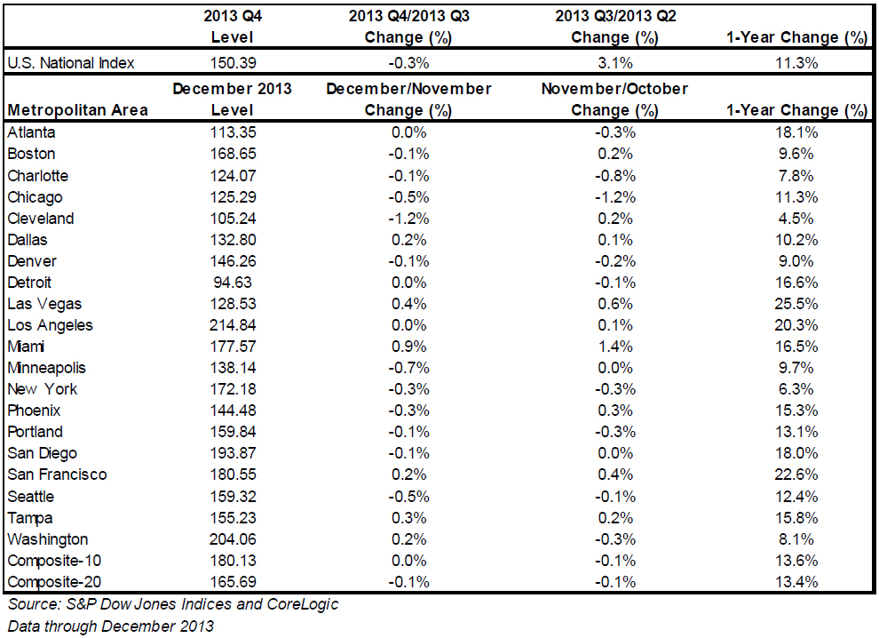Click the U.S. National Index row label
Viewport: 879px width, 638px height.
(x=71, y=63)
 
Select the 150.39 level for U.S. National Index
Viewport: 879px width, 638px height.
(x=234, y=63)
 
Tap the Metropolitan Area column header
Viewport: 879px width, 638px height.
(x=78, y=110)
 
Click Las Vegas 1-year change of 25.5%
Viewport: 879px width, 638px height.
(x=796, y=304)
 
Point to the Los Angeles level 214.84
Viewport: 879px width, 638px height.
(x=233, y=325)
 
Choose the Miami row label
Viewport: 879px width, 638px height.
(x=26, y=347)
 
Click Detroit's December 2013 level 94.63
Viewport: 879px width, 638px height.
(x=233, y=283)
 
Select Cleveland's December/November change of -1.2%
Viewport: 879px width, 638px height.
(x=408, y=219)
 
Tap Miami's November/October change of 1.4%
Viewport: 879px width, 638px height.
(x=615, y=347)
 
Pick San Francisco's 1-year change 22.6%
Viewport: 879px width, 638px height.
(x=796, y=475)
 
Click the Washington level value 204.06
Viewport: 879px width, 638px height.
(x=233, y=539)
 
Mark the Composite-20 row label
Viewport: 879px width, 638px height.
(x=54, y=582)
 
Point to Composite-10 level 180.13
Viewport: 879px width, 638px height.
(x=234, y=561)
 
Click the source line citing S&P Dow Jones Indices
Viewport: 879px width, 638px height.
(x=173, y=604)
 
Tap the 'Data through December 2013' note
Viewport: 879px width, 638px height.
(x=110, y=626)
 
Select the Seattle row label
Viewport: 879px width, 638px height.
(x=31, y=497)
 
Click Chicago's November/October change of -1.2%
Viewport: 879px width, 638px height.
(x=615, y=197)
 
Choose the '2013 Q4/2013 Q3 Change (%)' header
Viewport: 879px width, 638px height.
(x=408, y=27)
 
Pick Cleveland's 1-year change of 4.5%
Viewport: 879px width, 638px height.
(x=796, y=219)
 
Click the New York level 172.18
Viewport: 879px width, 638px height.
(x=234, y=389)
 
